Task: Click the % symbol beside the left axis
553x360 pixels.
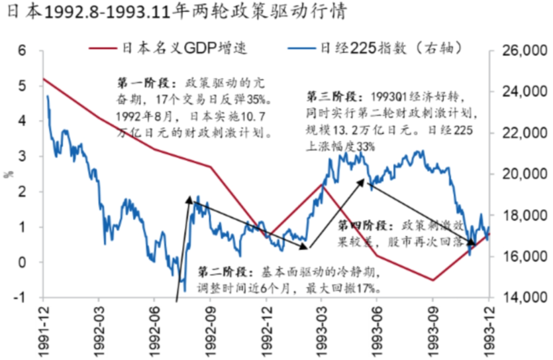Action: click(x=9, y=174)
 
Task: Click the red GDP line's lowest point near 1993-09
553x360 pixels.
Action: click(x=433, y=280)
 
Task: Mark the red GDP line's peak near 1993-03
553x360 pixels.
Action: click(x=323, y=184)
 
